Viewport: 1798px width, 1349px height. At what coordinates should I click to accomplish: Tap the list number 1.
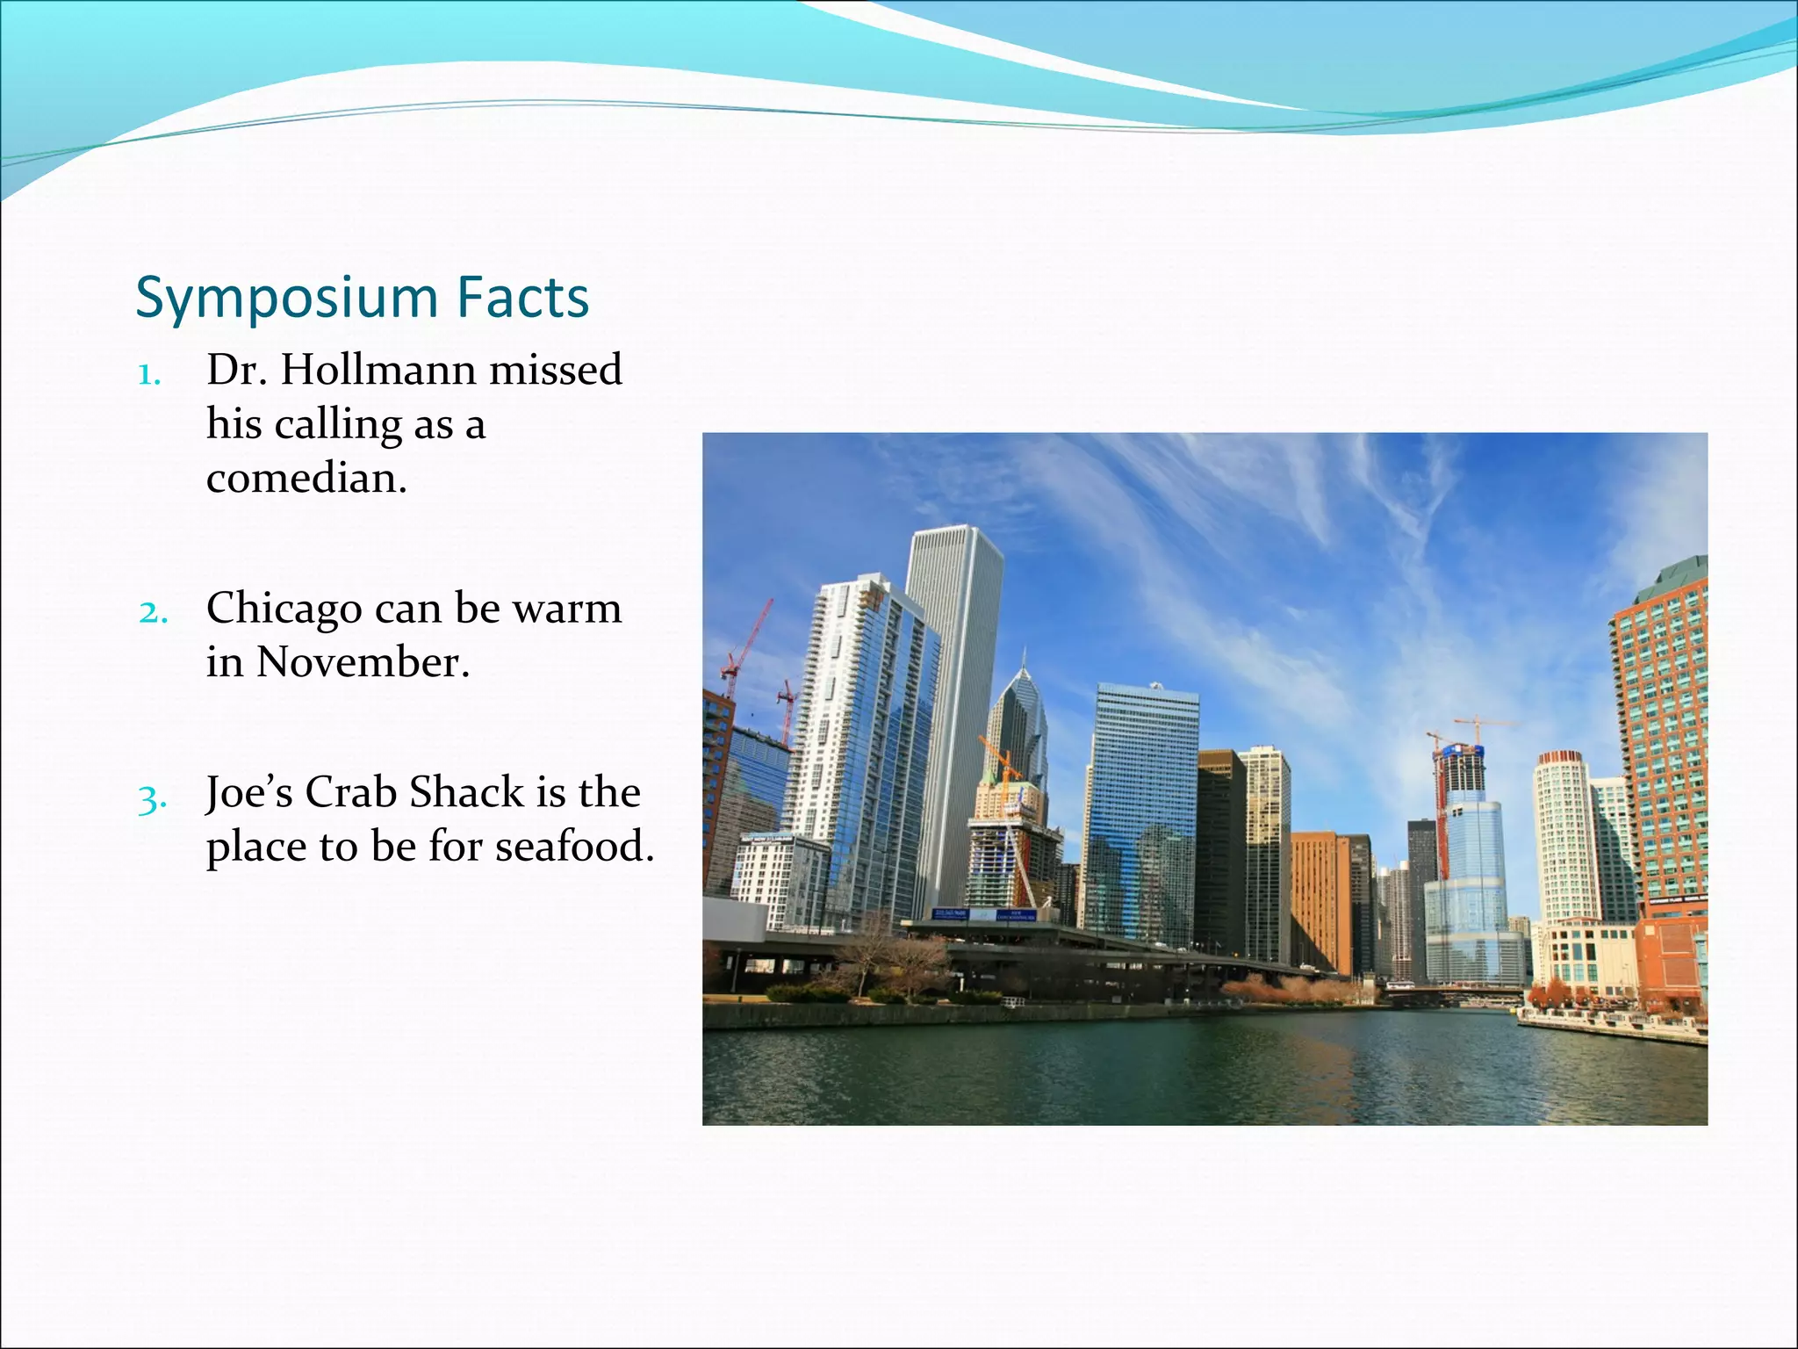click(148, 376)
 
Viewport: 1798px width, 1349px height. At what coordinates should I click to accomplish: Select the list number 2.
click(153, 612)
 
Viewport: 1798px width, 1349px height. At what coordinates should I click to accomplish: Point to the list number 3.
click(151, 800)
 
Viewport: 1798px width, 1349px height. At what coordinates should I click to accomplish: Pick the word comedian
click(306, 479)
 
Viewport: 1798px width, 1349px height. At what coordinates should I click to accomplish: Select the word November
click(363, 662)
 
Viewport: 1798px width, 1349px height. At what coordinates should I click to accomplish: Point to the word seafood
click(574, 847)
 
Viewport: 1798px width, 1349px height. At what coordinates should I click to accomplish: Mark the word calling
click(338, 426)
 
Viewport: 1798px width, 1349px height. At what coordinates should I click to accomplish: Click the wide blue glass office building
click(1141, 808)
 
